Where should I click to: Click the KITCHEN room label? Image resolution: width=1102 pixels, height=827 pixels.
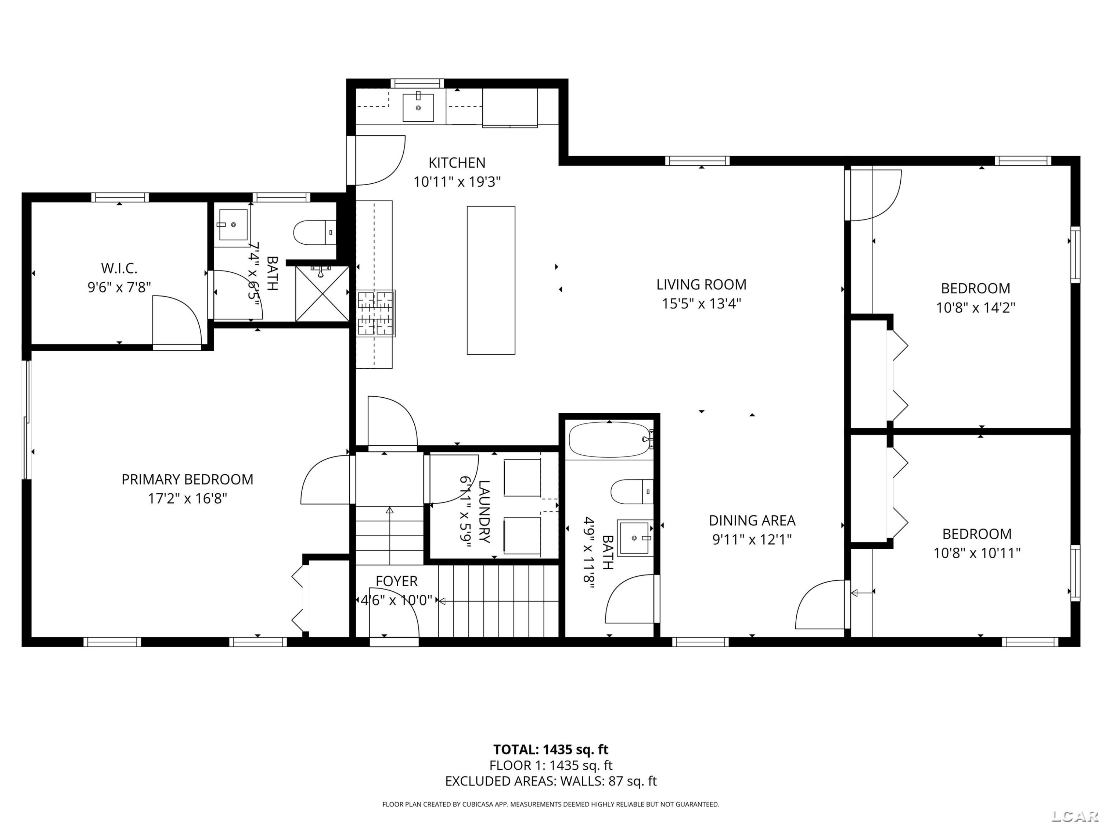pos(457,163)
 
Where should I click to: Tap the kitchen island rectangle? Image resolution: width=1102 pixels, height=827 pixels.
pos(491,280)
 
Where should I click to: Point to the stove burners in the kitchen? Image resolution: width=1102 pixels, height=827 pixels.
pos(376,313)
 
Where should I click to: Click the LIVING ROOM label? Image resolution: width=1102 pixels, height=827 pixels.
pos(702,284)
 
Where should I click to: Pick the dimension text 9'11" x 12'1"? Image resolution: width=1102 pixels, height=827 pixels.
pos(752,539)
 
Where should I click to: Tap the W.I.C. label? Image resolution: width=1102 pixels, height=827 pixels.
pos(119,268)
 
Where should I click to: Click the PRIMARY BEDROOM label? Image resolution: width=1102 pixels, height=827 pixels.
pos(187,480)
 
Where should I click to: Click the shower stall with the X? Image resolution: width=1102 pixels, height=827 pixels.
pos(322,294)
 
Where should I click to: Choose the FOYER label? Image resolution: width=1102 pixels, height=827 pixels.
pos(397,581)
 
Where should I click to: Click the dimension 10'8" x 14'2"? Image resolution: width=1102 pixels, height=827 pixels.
pos(976,308)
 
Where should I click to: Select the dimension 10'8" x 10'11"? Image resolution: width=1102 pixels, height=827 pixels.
pos(977,553)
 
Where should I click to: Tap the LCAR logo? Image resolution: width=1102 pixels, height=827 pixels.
pos(1074,816)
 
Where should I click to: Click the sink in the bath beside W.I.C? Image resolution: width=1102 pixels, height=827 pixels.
pos(233,225)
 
